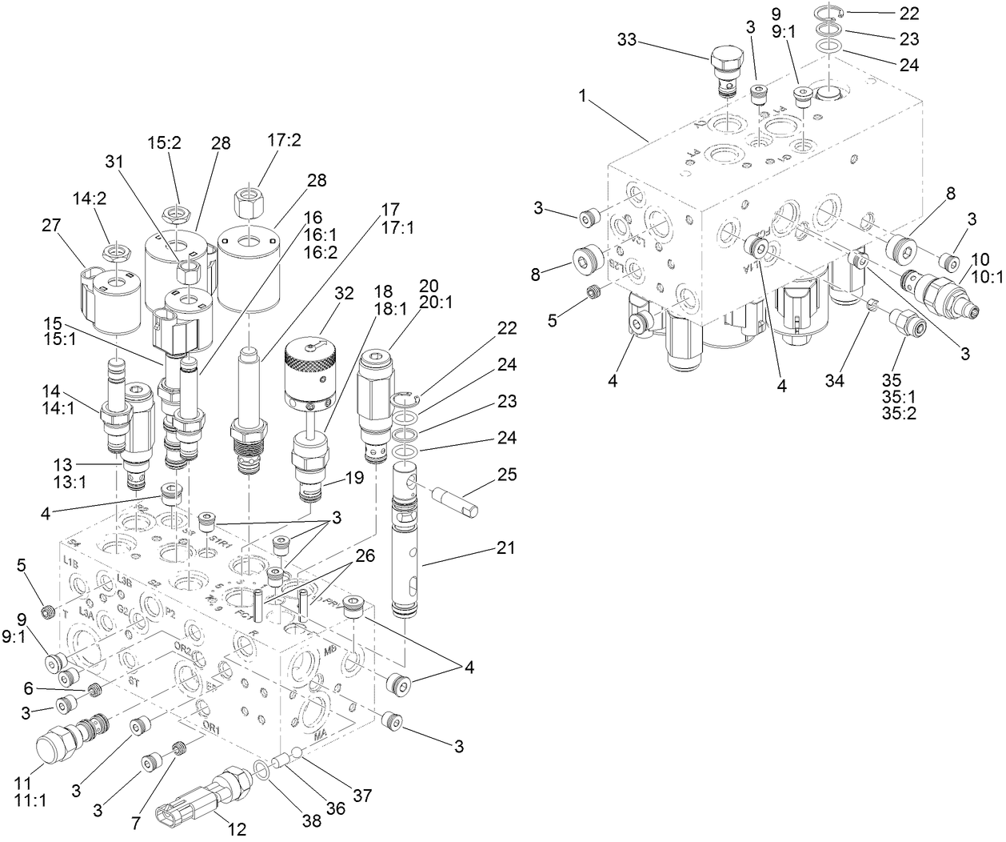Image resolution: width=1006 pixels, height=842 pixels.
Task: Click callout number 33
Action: point(629,39)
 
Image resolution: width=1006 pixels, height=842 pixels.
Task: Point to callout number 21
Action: point(506,548)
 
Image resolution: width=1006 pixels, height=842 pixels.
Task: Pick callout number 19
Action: point(355,479)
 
